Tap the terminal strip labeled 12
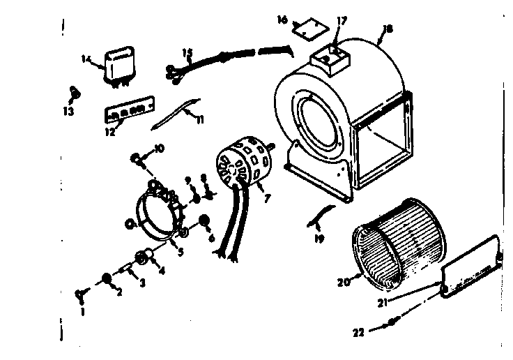(x=128, y=112)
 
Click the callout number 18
(x=388, y=29)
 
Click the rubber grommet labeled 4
(x=147, y=257)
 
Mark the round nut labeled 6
(x=206, y=222)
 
